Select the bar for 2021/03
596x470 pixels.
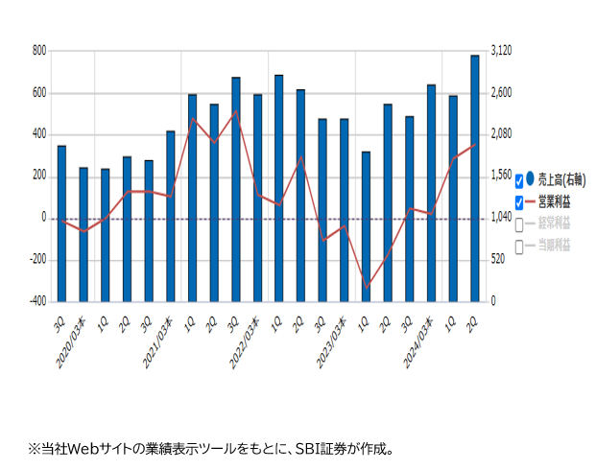171,216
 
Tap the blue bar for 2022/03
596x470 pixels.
257,198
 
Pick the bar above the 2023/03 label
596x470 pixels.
344,210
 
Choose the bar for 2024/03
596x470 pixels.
431,193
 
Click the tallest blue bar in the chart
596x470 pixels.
474,177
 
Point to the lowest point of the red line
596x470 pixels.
366,286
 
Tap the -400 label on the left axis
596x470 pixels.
36,301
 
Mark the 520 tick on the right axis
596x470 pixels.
498,260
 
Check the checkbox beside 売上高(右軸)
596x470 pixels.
519,179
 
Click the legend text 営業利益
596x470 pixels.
554,201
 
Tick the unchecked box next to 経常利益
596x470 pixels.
519,224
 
